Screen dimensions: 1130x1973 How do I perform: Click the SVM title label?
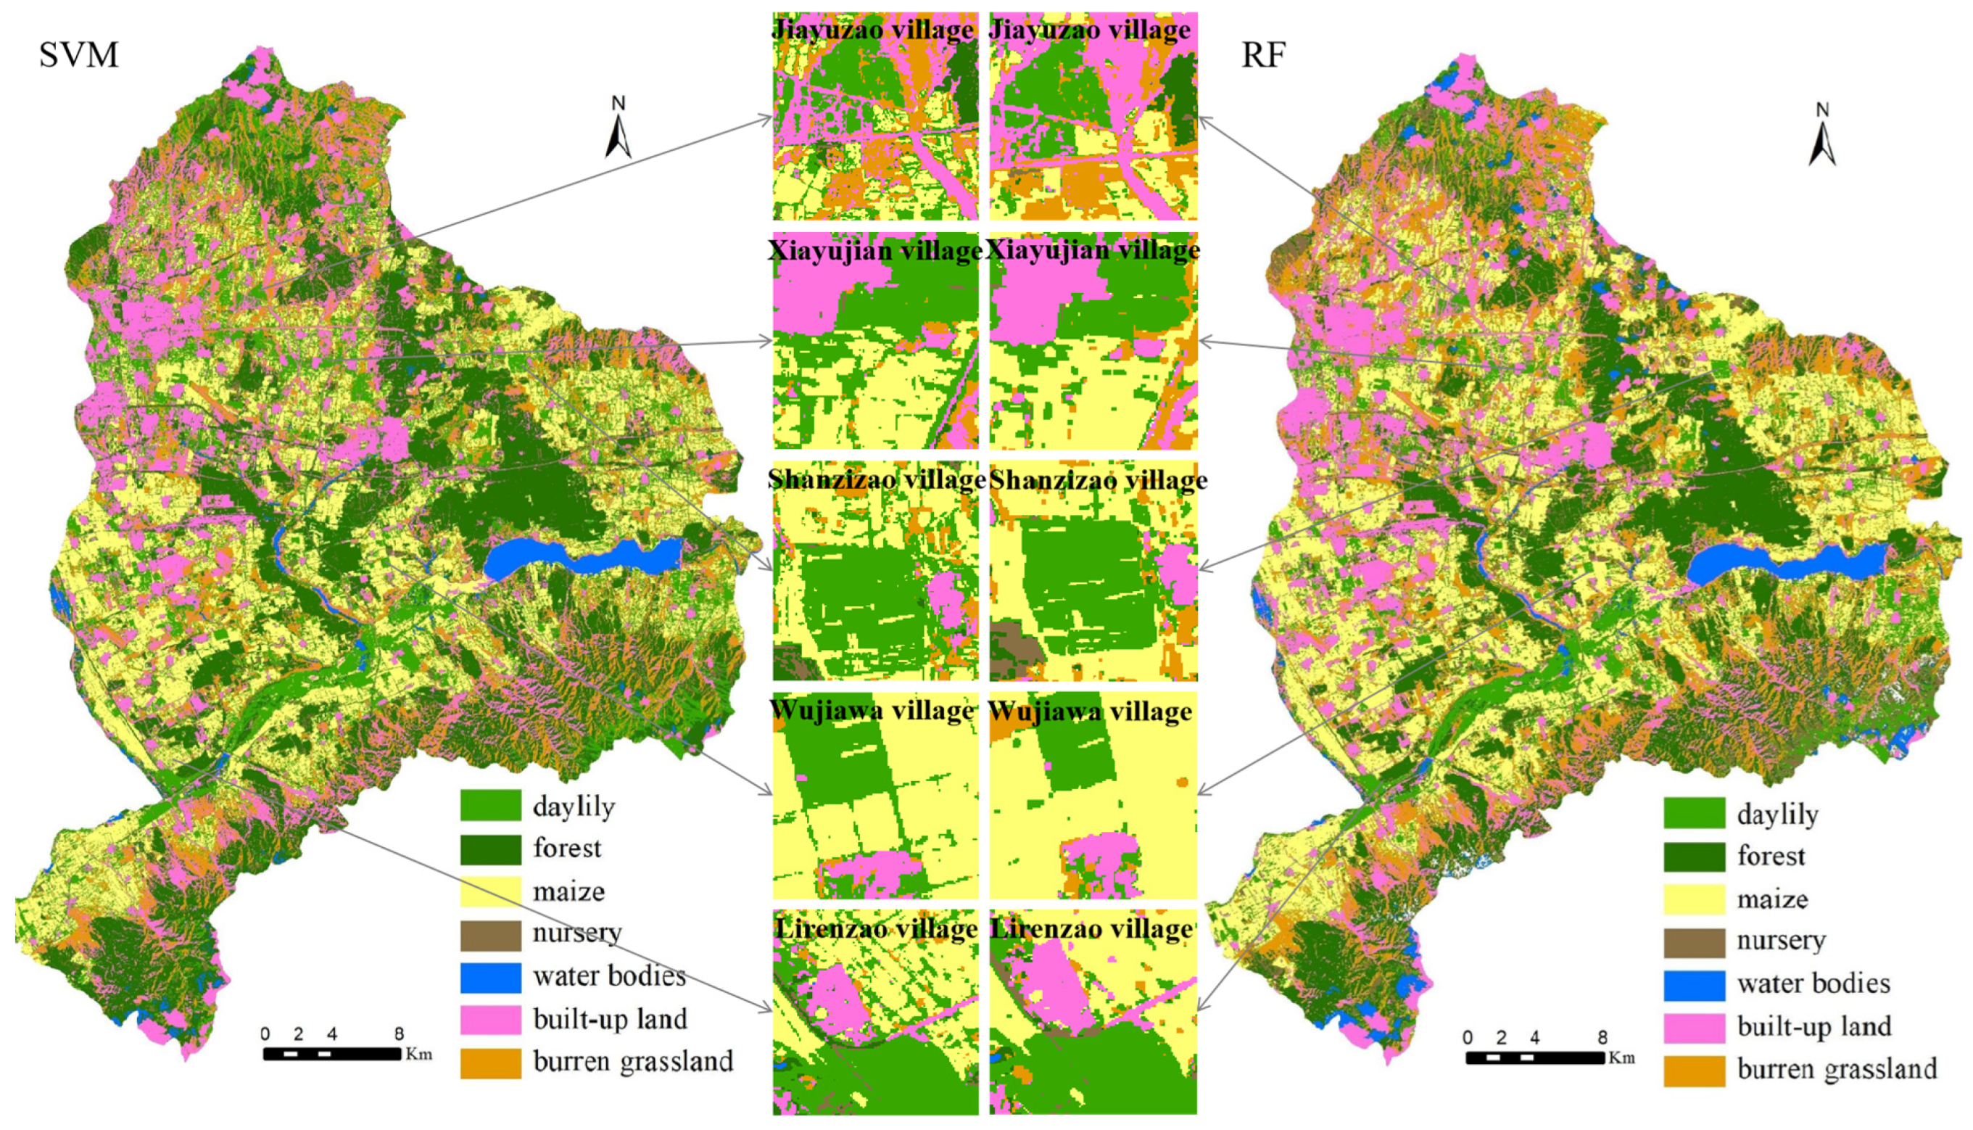pos(78,55)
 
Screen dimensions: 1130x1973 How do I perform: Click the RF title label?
pos(1263,55)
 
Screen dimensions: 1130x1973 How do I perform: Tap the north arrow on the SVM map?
pos(618,128)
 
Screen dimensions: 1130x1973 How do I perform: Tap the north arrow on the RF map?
pos(1821,135)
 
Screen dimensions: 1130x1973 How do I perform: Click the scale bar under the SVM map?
pos(332,1053)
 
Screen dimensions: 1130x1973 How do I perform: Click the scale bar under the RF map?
pos(1534,1057)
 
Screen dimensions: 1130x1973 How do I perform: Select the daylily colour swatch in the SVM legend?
pos(490,805)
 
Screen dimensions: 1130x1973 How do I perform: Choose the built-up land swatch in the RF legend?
pos(1694,1027)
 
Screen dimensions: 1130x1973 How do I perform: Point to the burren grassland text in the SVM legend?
pos(632,1061)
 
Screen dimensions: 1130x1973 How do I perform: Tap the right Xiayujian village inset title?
pos(1093,250)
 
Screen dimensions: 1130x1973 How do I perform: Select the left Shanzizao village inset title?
pos(876,479)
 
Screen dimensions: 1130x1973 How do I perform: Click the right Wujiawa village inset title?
pos(1091,711)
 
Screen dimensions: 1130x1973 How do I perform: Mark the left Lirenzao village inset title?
pos(876,928)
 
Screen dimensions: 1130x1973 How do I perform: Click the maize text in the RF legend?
pos(1772,899)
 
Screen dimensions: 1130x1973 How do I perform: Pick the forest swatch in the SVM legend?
pos(490,849)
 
